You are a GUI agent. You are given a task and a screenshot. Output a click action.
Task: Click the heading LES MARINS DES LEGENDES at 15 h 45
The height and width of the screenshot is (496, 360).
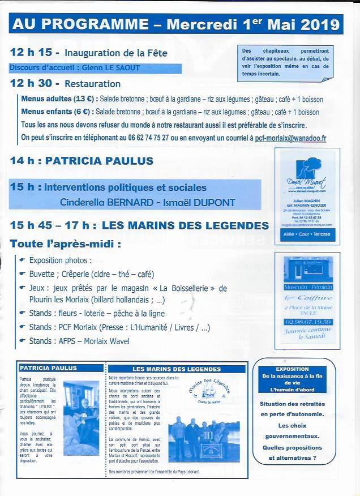click(x=185, y=225)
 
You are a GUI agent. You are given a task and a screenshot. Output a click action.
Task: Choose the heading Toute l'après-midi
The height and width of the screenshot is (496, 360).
click(x=65, y=245)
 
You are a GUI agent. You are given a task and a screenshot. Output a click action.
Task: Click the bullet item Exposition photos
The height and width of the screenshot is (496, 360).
click(x=60, y=261)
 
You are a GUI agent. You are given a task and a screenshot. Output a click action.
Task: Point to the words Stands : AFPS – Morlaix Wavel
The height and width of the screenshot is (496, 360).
click(x=79, y=341)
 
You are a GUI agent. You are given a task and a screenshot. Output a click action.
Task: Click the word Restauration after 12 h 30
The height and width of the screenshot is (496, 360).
click(x=93, y=84)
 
